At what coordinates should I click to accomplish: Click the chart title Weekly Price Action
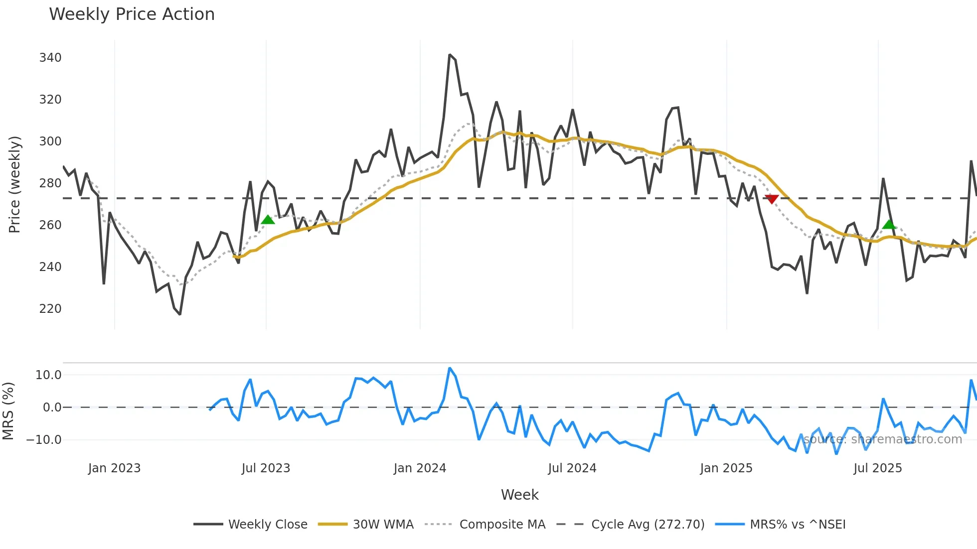tap(132, 14)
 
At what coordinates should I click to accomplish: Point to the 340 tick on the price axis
tap(50, 58)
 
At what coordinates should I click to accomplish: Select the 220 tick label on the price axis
tap(50, 309)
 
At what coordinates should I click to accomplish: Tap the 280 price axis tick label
tap(50, 183)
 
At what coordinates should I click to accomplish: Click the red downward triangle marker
tap(772, 199)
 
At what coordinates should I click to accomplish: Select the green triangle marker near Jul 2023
tap(268, 220)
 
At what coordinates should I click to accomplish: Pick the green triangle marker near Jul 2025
tap(889, 224)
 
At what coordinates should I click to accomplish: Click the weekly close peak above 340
tap(450, 55)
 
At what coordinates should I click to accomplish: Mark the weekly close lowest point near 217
tap(180, 314)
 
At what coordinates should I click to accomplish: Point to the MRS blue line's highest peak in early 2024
tap(450, 368)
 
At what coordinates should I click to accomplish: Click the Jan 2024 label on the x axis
tap(420, 468)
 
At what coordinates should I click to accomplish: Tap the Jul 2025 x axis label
tap(877, 468)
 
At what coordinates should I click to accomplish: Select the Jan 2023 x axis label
tap(114, 468)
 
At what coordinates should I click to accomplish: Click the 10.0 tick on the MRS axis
tap(48, 375)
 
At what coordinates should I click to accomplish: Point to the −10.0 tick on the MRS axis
tap(44, 440)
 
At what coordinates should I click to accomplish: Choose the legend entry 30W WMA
tap(383, 525)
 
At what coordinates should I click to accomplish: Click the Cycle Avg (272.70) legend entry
tap(648, 525)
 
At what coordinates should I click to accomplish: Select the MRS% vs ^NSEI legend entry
tap(798, 525)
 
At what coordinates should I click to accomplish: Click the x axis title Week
tap(519, 495)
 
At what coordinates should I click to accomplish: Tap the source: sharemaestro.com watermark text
tap(882, 439)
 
